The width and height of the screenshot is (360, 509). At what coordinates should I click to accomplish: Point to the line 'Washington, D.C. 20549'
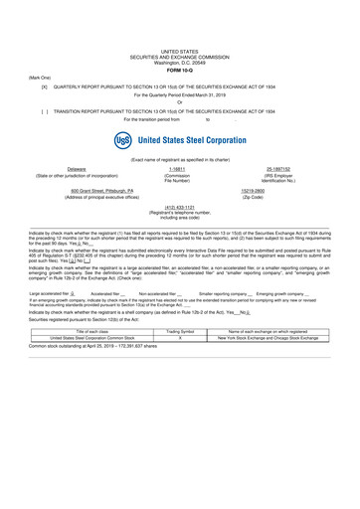tap(180, 61)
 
